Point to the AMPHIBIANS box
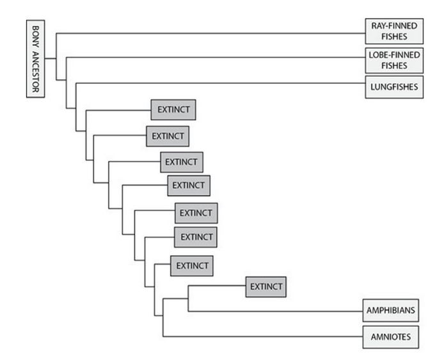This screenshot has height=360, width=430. coord(392,311)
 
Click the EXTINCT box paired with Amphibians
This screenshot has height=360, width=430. coord(266,286)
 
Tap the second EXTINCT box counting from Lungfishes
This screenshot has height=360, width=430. coord(168,136)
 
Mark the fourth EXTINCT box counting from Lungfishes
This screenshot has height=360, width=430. coord(189,185)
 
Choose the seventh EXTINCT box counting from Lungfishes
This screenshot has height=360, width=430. coord(192,265)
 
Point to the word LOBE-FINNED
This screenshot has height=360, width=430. coord(394,54)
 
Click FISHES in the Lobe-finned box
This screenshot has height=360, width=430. coord(394,65)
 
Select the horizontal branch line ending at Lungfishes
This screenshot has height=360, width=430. coord(218,83)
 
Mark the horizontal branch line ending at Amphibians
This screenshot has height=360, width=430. coord(275,311)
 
